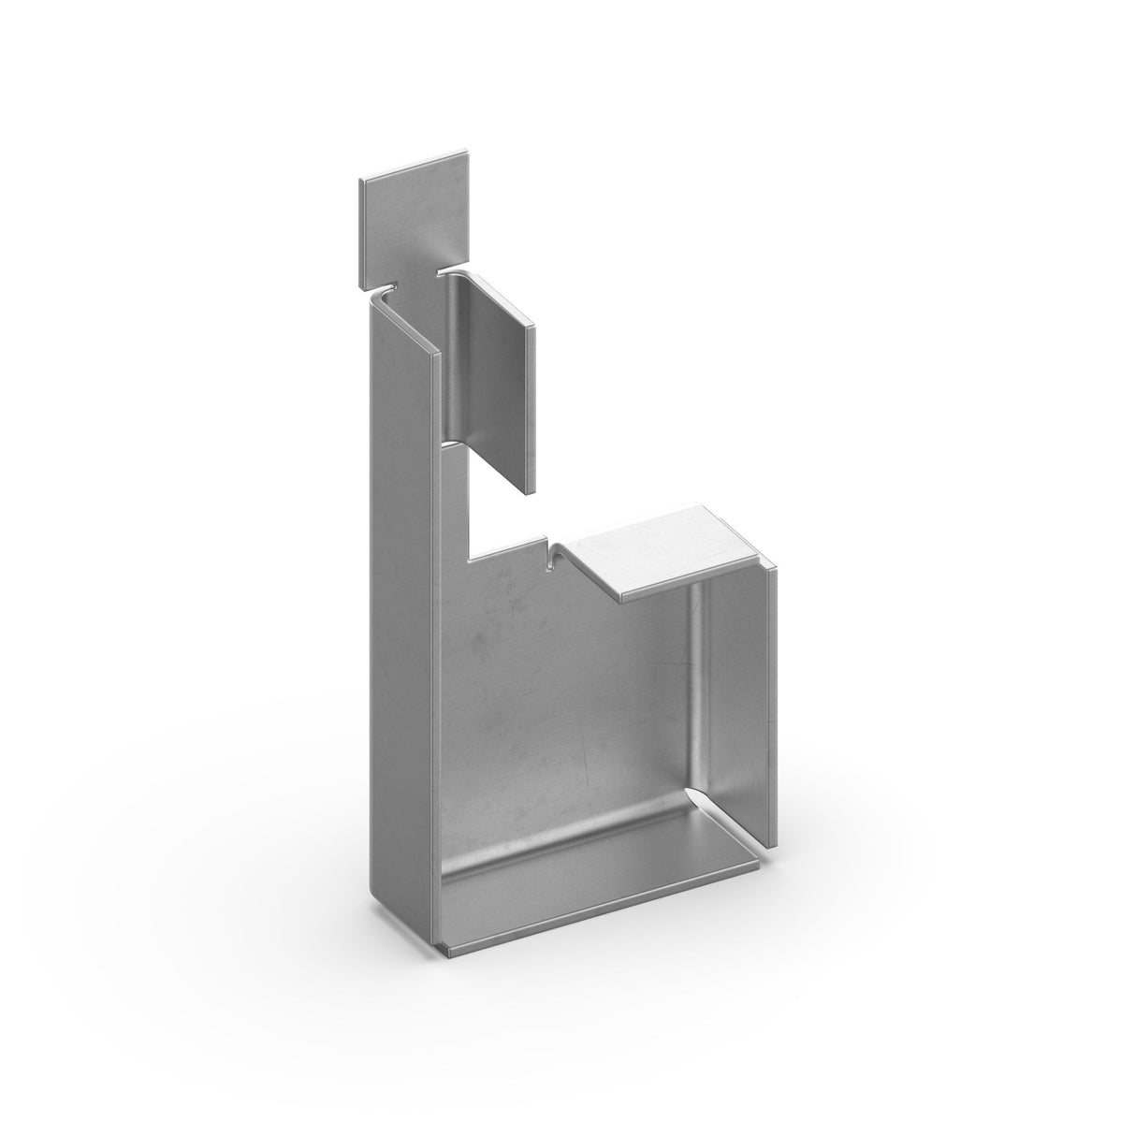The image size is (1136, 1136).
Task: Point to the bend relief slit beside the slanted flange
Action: point(550,555)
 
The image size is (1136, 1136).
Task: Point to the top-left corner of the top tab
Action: point(359,179)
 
